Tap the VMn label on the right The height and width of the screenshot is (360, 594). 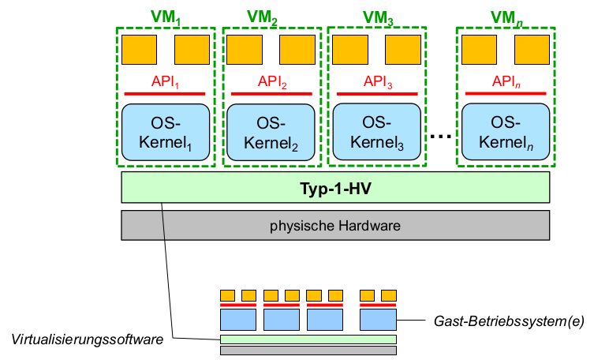coord(506,17)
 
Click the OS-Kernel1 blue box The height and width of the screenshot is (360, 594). coord(166,133)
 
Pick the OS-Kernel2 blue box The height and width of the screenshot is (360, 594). coord(271,133)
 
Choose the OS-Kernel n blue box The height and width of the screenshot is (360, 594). coord(505,133)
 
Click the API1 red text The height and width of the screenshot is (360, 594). coord(166,81)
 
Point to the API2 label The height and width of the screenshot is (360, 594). coord(271,81)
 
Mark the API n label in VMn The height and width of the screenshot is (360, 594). coord(505,81)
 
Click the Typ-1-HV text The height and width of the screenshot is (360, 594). coord(334,188)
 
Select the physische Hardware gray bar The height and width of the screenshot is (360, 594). coord(334,225)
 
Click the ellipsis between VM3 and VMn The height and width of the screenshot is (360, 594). coord(442,137)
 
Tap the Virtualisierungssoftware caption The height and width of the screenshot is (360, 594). coord(86,339)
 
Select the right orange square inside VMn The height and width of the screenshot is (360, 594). coord(532,49)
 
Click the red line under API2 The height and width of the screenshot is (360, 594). coord(271,94)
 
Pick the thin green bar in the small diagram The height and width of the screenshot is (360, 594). coord(308,339)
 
